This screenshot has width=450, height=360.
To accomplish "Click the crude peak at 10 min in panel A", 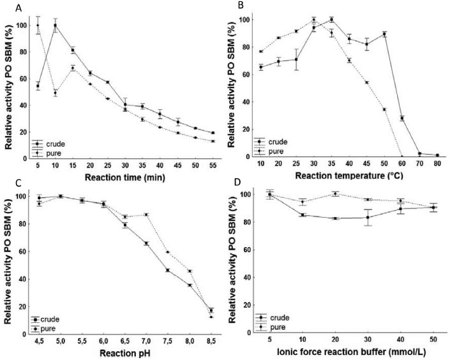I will pyautogui.click(x=56, y=26).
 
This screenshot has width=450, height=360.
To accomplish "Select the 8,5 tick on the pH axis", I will pyautogui.click(x=211, y=341).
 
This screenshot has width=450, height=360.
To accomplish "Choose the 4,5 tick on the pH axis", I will pyautogui.click(x=39, y=341).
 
